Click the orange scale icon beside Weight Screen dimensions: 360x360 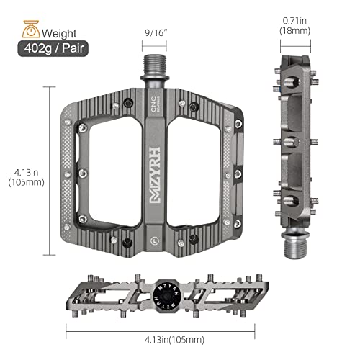click(x=30, y=31)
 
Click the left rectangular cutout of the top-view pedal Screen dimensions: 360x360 click(x=109, y=171)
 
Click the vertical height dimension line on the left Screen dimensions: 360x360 click(x=51, y=171)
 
